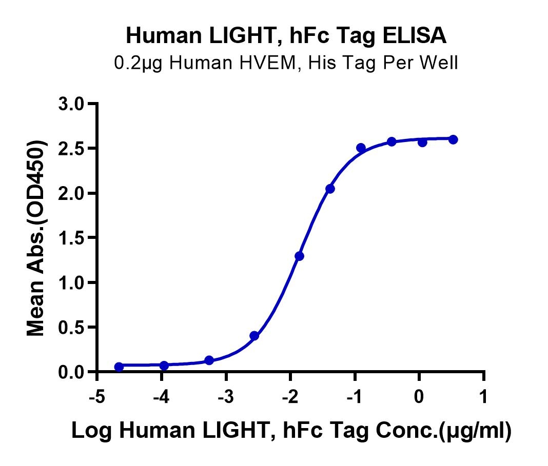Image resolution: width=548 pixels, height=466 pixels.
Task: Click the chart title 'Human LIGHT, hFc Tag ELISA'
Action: coord(286,36)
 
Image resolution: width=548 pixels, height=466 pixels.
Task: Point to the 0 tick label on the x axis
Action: coord(419,398)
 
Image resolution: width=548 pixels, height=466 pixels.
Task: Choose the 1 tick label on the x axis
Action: coord(483,398)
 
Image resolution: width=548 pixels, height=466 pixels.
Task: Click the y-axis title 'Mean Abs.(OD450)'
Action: coord(36,238)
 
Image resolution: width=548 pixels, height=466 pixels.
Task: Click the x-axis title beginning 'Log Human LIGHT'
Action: coord(291,432)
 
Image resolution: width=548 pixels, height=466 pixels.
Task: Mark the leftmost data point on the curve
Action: coord(119,367)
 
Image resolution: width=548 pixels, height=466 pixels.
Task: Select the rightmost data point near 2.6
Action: coord(453,139)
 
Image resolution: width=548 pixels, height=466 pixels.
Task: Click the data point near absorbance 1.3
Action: coord(300,256)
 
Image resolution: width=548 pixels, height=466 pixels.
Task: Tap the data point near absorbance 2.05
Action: coord(330,189)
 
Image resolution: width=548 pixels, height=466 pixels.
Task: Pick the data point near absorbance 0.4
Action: coord(254,336)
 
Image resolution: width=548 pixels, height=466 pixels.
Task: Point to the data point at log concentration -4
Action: coord(164,366)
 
